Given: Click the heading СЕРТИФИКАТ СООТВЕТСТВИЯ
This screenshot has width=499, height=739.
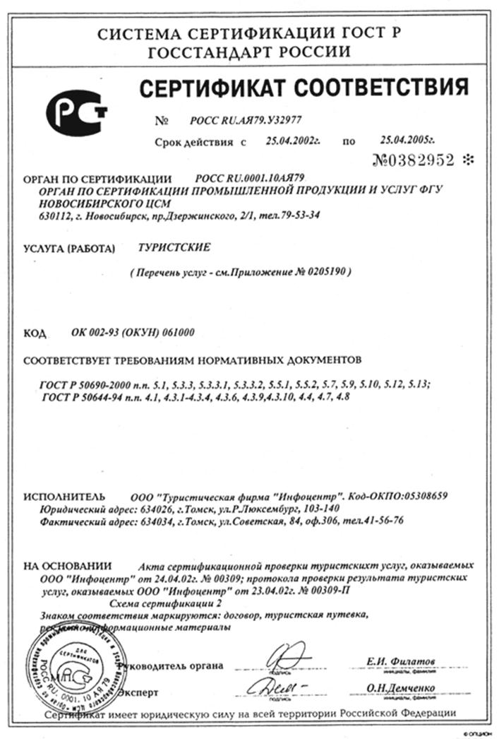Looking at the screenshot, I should [x=303, y=88].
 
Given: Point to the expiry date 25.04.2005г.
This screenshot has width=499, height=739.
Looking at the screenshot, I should [x=407, y=141].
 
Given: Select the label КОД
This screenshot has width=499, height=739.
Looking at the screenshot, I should [x=35, y=332].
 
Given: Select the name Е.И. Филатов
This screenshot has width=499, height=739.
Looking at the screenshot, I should [x=400, y=661].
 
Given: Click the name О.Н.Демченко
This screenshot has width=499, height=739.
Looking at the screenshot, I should [x=400, y=687].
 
